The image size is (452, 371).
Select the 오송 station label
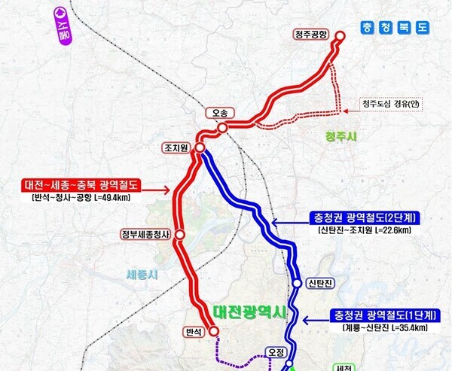point(220,113)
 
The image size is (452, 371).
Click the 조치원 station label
point(176,147)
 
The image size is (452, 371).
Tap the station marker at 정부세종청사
point(180,235)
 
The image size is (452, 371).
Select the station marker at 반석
point(213,330)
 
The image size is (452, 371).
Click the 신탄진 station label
point(319,283)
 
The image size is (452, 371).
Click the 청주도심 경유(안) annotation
point(389,104)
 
